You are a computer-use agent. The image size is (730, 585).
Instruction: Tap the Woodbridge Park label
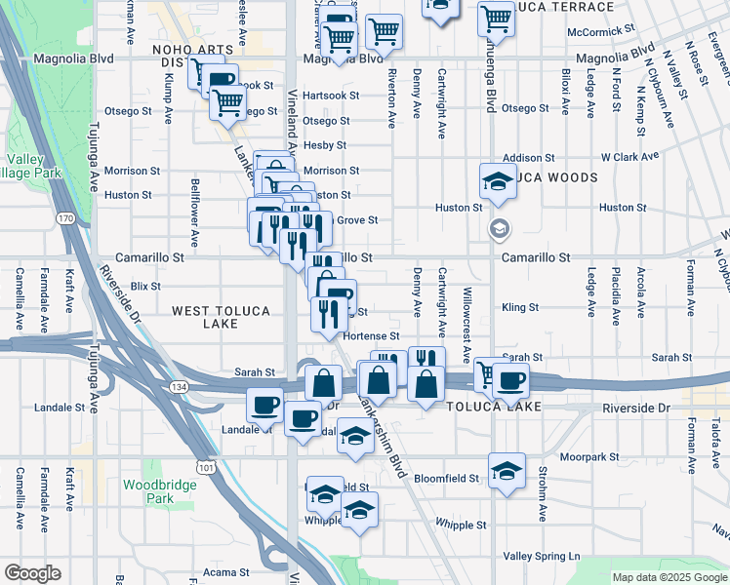tap(146, 491)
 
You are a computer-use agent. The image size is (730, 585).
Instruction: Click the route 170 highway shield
tap(65, 217)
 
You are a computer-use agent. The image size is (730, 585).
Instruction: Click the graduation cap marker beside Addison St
tap(498, 180)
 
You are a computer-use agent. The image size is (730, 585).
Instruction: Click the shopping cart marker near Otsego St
tap(227, 100)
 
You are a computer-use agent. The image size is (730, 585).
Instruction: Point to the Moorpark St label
tap(597, 456)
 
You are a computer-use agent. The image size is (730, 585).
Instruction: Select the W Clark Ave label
tap(630, 156)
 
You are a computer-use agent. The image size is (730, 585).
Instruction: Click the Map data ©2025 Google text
tap(669, 577)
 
